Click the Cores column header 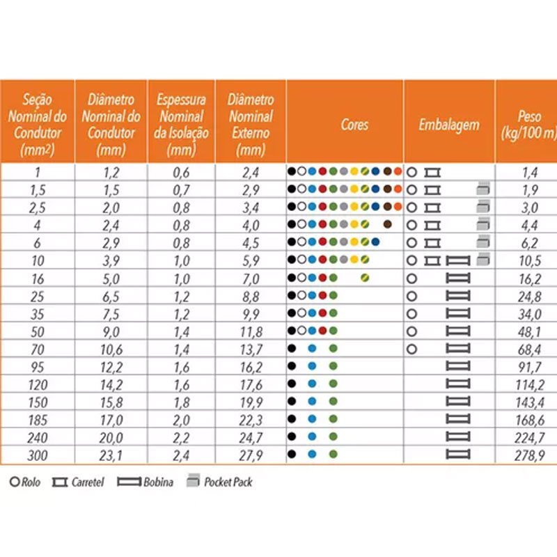pyautogui.click(x=354, y=125)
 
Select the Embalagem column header pyautogui.click(x=449, y=125)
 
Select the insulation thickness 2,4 pyautogui.click(x=180, y=455)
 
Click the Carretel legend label pyautogui.click(x=87, y=482)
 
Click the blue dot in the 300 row pyautogui.click(x=313, y=455)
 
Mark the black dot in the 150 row pyautogui.click(x=291, y=401)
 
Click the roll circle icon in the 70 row pyautogui.click(x=412, y=348)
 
